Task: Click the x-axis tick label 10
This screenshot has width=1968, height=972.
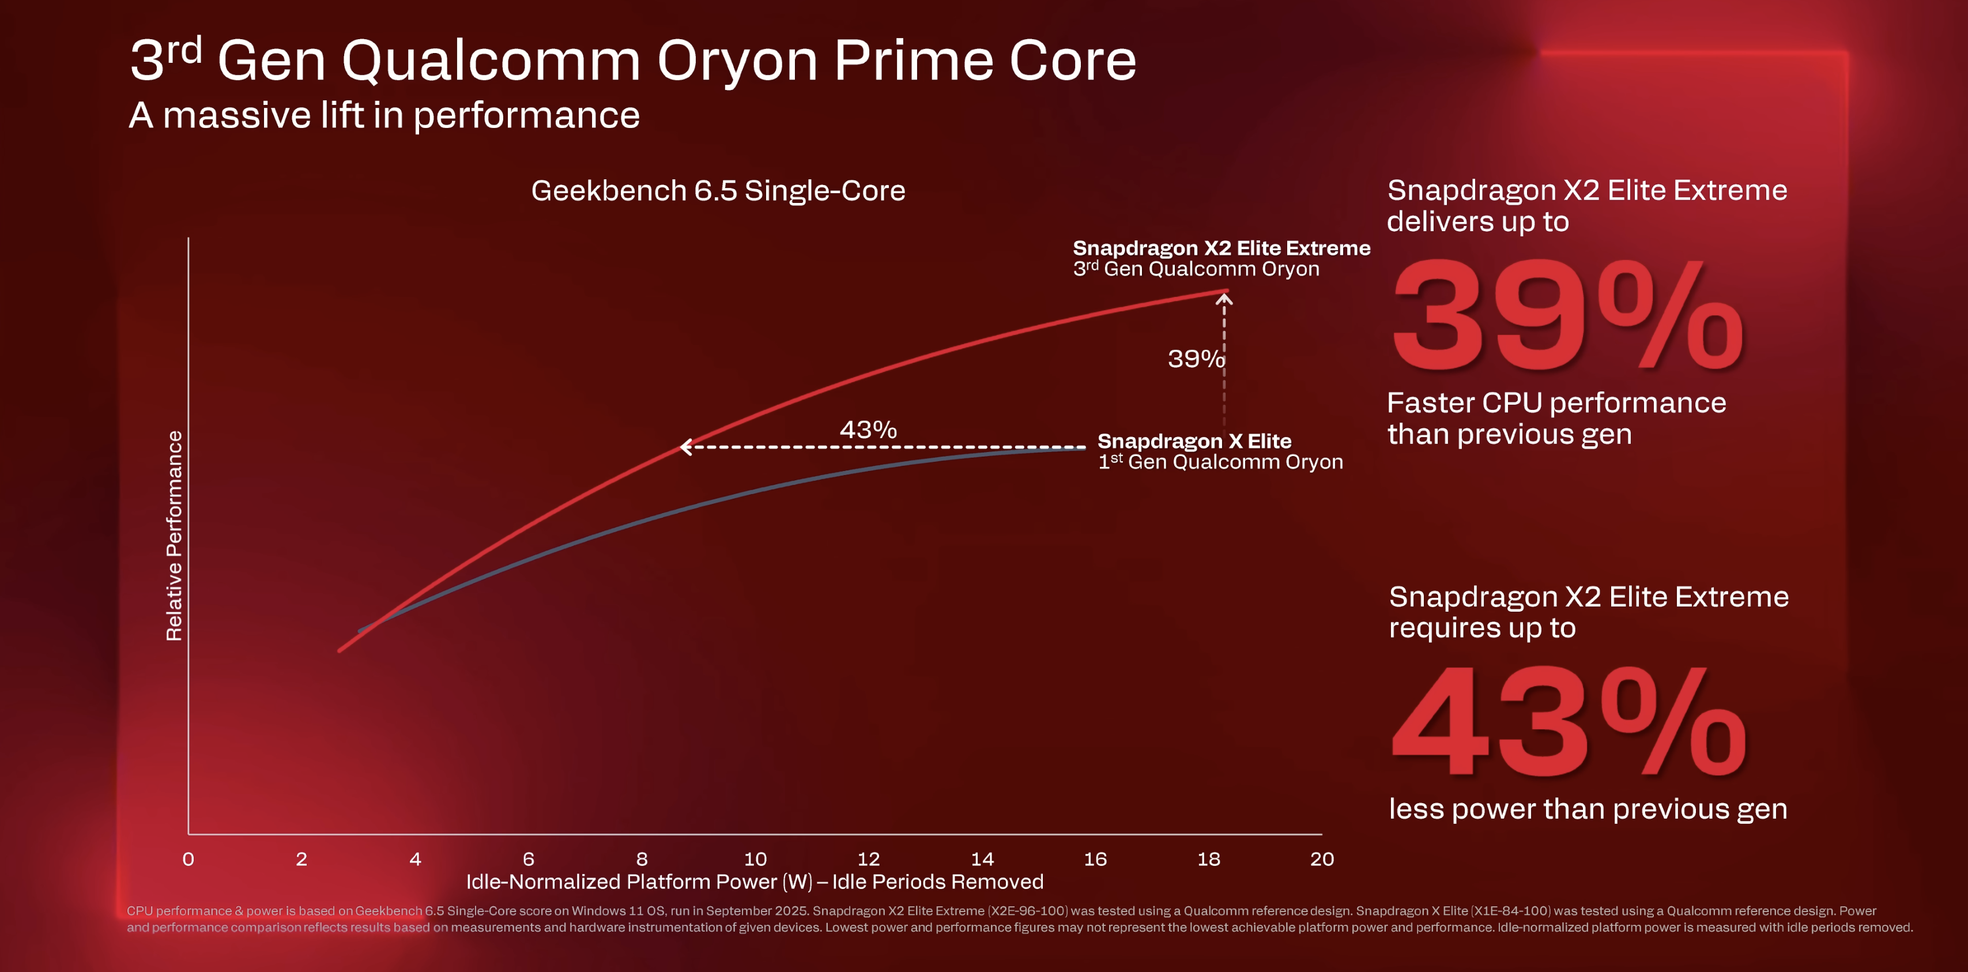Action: (755, 859)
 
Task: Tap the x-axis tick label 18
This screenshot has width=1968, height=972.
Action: (1209, 859)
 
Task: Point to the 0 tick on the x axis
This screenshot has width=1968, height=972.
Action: (188, 859)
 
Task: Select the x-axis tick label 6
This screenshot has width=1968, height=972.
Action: (528, 859)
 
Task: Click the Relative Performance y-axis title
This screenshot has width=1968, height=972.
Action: (174, 536)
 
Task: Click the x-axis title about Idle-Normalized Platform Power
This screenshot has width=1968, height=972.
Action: (754, 882)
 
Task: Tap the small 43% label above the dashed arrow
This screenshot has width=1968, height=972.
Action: (868, 430)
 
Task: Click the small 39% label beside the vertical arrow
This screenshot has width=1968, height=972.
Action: (1195, 359)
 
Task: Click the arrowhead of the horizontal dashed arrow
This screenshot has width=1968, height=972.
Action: (684, 447)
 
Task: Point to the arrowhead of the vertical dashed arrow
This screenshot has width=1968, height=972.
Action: (1224, 299)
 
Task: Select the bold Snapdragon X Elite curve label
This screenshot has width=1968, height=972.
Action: (1193, 441)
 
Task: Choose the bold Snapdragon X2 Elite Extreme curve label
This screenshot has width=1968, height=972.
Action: (1221, 248)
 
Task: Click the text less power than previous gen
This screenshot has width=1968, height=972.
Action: (1588, 808)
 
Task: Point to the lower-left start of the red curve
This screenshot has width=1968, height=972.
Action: (341, 650)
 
